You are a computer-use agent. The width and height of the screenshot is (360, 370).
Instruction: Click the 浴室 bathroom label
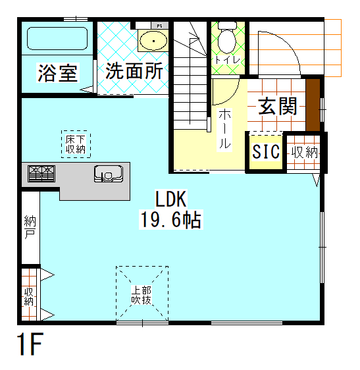(x=58, y=72)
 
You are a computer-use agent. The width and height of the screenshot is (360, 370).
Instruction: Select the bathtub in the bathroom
(x=57, y=41)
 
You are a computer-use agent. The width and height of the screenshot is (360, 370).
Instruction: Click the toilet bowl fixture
(x=226, y=40)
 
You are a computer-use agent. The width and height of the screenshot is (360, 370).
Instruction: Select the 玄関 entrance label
(x=277, y=106)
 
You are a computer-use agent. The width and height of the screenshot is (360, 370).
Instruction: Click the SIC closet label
(x=266, y=152)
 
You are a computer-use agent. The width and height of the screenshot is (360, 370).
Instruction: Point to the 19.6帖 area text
(x=171, y=219)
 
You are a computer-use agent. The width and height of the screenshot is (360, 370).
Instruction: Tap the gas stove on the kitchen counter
(x=41, y=174)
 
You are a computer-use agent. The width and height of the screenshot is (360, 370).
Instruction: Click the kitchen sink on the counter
(x=107, y=174)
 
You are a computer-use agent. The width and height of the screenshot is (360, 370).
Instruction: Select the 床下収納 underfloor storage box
(x=76, y=144)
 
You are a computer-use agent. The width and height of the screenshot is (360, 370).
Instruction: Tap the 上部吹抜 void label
(x=141, y=294)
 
